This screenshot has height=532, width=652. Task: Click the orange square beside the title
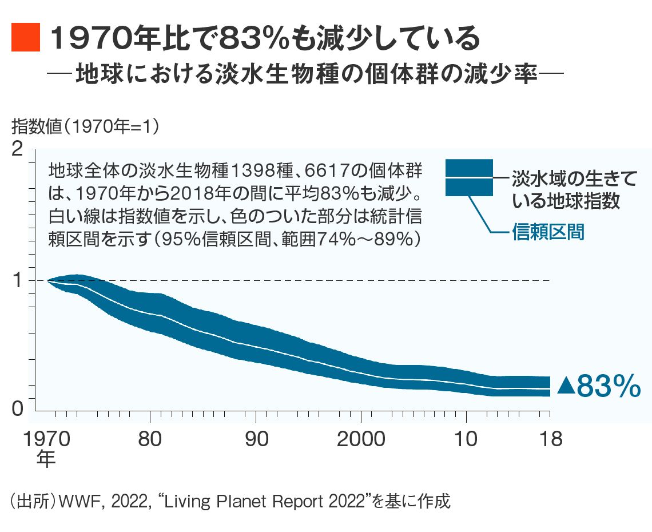[26, 38]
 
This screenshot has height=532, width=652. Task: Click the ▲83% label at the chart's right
[598, 387]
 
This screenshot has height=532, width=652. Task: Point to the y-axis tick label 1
[18, 280]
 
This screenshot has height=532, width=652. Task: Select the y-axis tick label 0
[18, 408]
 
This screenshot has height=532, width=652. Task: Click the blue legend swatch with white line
[469, 177]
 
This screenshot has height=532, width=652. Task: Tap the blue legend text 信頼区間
[548, 233]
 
